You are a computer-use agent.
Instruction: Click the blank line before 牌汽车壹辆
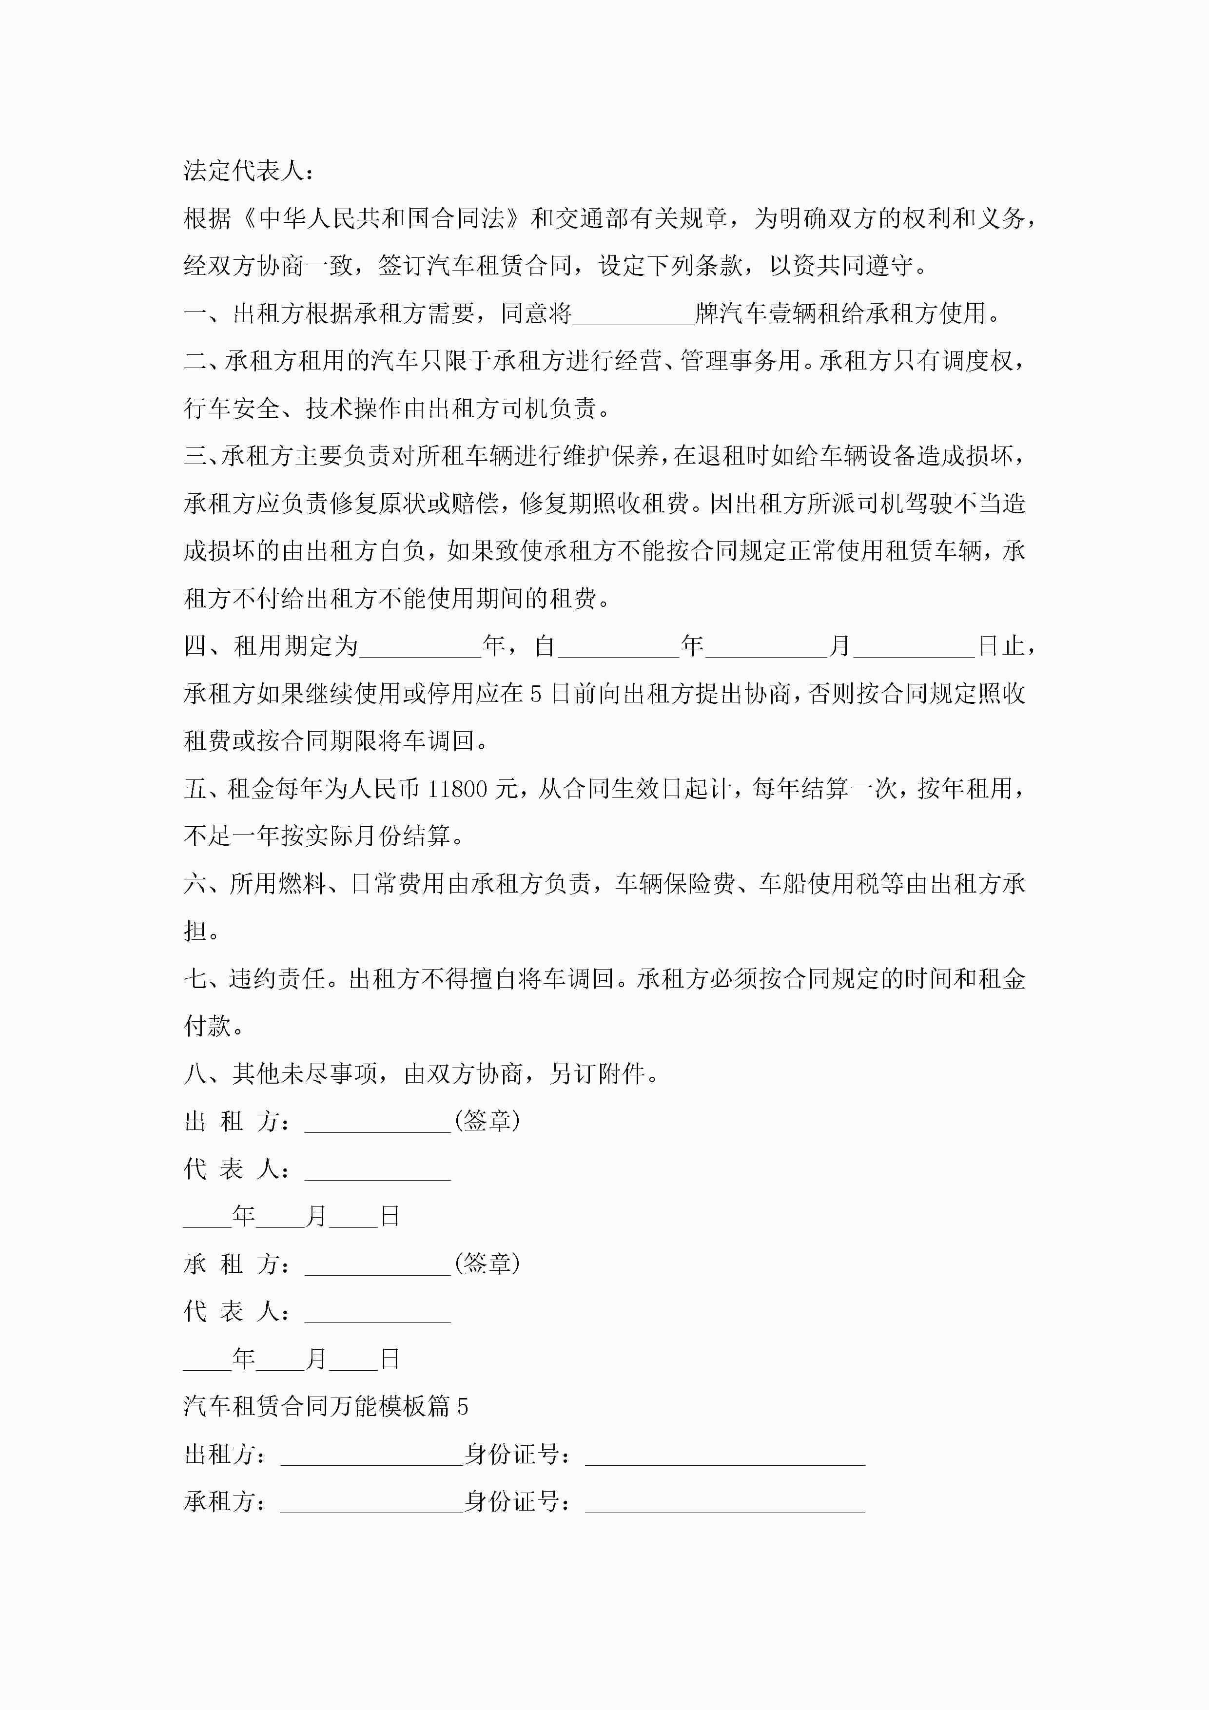633,314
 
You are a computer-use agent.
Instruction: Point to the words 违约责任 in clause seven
277,979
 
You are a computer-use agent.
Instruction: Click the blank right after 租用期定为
420,646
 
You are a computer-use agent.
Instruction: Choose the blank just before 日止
913,646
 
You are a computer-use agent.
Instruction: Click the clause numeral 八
195,1074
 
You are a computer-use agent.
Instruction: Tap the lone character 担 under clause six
195,932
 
